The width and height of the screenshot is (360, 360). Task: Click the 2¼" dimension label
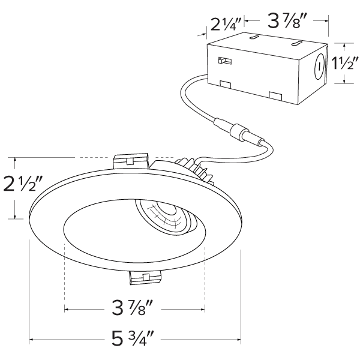tap(226, 25)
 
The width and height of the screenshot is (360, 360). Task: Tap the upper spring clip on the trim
tap(131, 160)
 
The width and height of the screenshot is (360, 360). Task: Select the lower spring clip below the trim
tap(145, 277)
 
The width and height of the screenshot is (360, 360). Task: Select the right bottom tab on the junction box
tap(277, 95)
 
